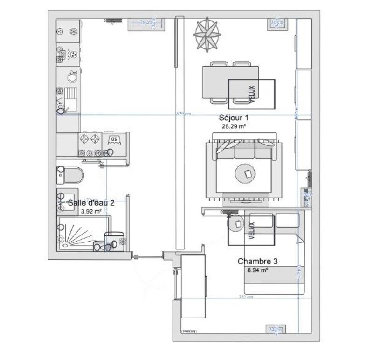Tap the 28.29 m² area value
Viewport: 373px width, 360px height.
(234, 126)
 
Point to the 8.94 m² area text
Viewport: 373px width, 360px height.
(257, 270)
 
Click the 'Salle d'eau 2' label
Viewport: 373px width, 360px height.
(91, 203)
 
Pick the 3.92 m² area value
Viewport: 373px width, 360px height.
(91, 211)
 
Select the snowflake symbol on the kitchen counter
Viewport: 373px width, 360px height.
(73, 32)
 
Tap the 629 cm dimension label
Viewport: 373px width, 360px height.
(183, 114)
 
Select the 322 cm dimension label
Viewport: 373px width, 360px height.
(245, 297)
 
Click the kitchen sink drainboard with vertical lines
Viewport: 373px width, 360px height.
(72, 93)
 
